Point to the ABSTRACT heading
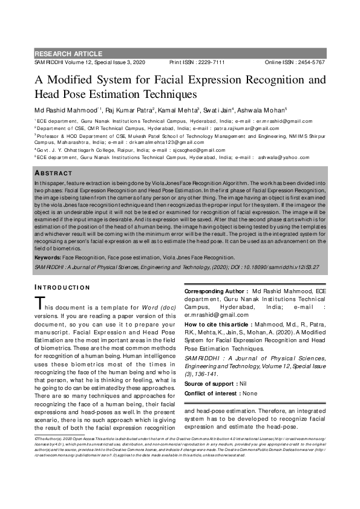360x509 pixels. [54, 173]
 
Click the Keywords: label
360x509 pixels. [52, 257]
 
